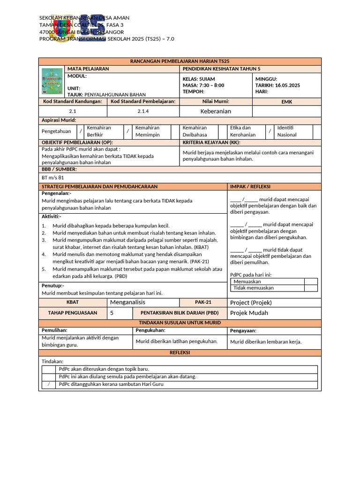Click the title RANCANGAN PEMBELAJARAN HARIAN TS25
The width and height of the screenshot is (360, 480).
click(180, 61)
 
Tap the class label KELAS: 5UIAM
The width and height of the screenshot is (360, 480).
click(199, 79)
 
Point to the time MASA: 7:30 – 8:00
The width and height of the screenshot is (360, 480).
click(203, 85)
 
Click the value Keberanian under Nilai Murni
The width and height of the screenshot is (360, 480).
click(216, 111)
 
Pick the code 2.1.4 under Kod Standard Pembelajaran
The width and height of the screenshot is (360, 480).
click(143, 111)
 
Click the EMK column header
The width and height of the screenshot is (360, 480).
click(286, 101)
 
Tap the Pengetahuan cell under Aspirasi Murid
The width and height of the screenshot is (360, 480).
click(56, 131)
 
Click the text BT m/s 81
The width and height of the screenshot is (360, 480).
click(53, 178)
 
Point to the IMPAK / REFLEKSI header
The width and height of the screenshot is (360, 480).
click(250, 187)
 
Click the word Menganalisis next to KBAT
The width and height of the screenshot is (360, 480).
click(127, 302)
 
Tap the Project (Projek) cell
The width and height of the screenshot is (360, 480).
click(251, 302)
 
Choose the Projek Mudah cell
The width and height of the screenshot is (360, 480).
click(249, 313)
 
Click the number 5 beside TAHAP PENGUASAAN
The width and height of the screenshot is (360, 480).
click(112, 313)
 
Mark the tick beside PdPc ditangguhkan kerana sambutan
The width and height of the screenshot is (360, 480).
click(48, 384)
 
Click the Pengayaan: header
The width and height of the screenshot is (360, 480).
click(243, 330)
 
